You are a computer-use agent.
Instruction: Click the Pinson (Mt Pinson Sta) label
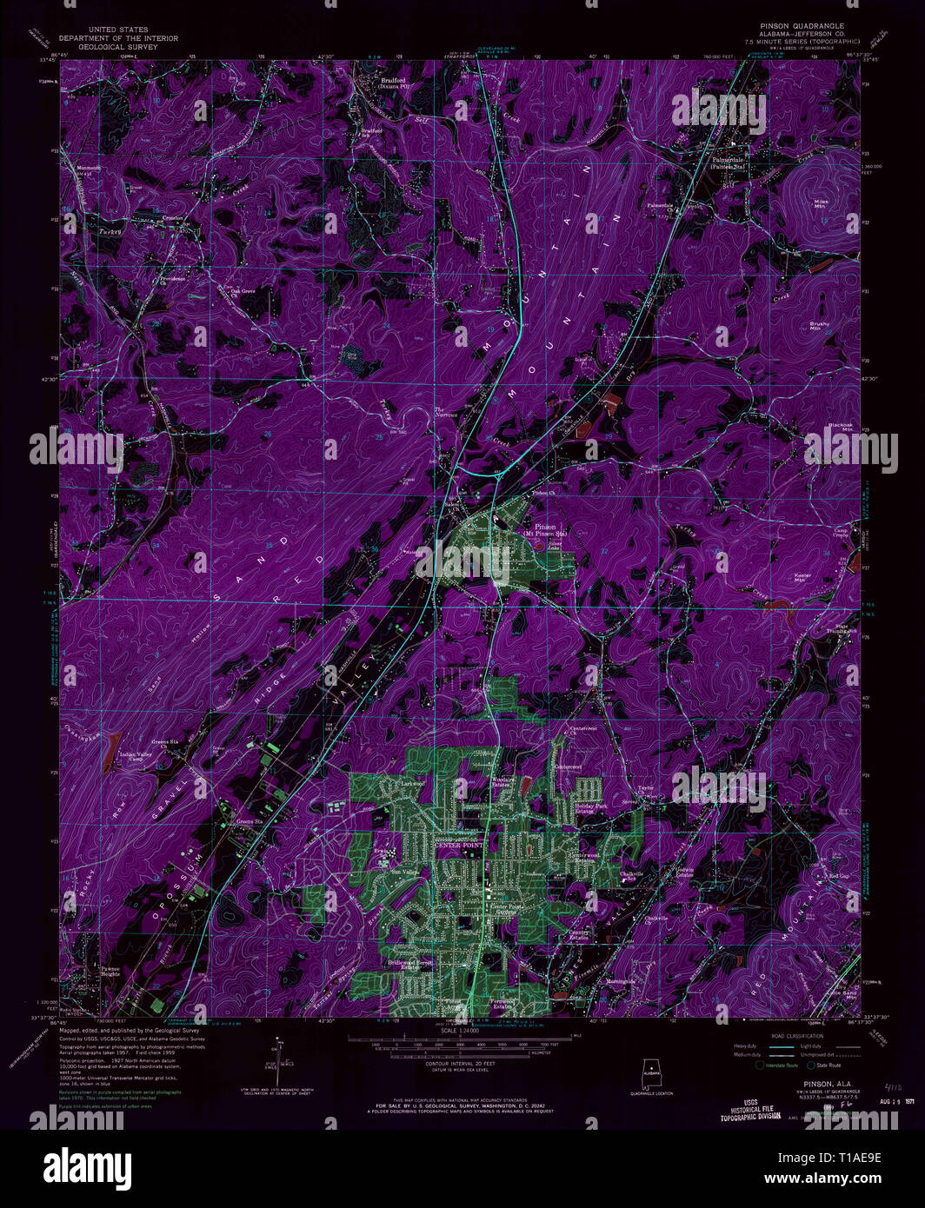point(546,530)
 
